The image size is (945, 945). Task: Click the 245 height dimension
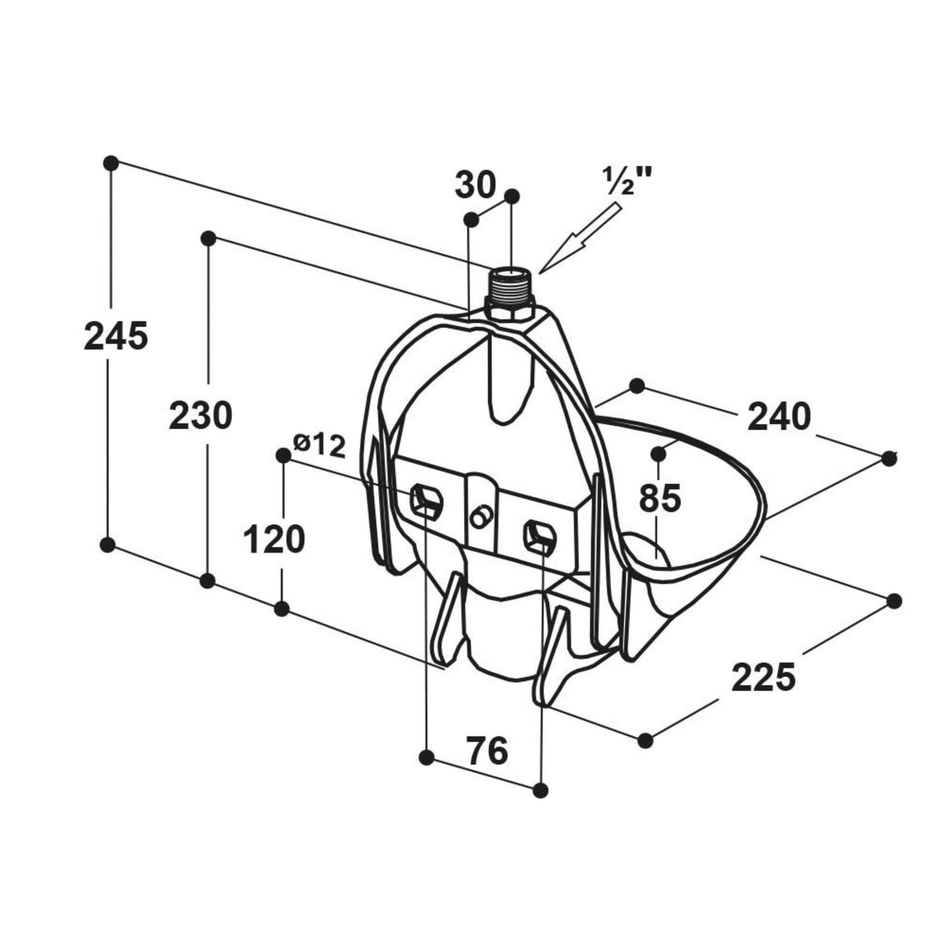[x=116, y=335]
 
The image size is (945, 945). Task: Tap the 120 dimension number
[x=274, y=539]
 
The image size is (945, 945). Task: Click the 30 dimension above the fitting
[x=475, y=185]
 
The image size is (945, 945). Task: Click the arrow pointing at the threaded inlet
[x=580, y=238]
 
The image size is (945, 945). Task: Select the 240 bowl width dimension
[x=779, y=416]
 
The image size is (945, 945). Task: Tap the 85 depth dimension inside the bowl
[x=660, y=498]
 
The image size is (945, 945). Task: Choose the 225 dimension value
[x=763, y=676]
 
